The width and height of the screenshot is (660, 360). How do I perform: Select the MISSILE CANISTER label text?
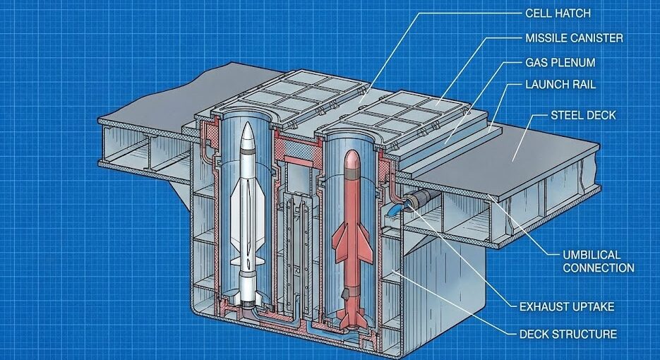[575, 37]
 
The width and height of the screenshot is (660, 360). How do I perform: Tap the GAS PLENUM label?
[560, 62]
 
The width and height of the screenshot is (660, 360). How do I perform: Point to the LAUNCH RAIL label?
[560, 85]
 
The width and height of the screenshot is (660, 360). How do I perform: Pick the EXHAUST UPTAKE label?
[566, 306]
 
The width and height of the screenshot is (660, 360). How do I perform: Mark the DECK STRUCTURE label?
[568, 334]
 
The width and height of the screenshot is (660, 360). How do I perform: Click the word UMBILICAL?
[592, 254]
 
